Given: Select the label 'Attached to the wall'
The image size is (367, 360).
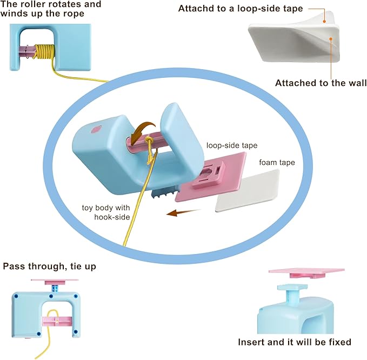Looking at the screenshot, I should [x=321, y=83].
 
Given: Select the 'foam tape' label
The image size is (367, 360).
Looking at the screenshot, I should [x=276, y=162].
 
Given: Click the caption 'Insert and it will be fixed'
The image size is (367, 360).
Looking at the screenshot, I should [x=295, y=342].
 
